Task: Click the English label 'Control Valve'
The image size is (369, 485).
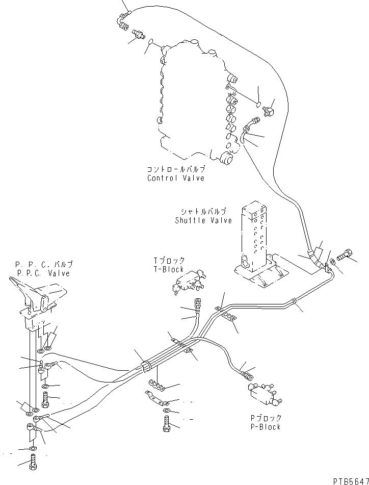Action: point(175,178)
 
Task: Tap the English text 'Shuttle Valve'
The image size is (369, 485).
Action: point(203,220)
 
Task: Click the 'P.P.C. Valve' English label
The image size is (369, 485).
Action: point(44,273)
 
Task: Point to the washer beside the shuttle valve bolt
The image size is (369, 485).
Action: point(332,262)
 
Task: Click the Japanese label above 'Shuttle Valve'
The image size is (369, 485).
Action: point(203,211)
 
